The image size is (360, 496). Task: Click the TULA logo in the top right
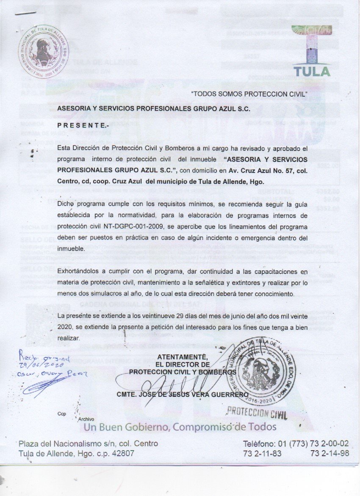click(x=312, y=55)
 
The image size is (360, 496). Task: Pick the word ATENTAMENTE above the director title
click(x=182, y=356)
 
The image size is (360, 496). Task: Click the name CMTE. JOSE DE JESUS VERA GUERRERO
click(x=183, y=395)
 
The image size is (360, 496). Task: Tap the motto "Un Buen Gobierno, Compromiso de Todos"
click(x=180, y=427)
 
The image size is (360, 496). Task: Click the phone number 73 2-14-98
click(x=330, y=453)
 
